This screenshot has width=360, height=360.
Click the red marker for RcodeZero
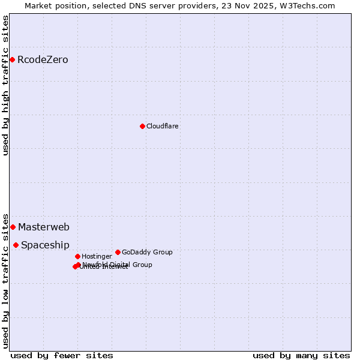12,59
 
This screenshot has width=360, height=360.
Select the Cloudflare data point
142,126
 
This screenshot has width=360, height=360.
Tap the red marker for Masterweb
13,227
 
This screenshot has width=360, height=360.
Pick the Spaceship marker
16,245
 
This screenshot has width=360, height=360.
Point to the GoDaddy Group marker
118,252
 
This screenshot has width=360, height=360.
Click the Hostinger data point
77,256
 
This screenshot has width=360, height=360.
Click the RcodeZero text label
43,59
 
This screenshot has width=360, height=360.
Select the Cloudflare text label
163,126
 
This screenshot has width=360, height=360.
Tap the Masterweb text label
44,227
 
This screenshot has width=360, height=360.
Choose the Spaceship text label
45,245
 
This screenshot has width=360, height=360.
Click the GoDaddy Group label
147,252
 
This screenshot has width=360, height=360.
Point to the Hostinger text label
97,256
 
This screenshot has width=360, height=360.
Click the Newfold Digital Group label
118,265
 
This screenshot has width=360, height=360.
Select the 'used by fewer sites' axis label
62,355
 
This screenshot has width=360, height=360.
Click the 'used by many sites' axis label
301,355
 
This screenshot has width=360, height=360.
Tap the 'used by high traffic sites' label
5,86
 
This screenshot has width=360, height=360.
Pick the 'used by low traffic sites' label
5,280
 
